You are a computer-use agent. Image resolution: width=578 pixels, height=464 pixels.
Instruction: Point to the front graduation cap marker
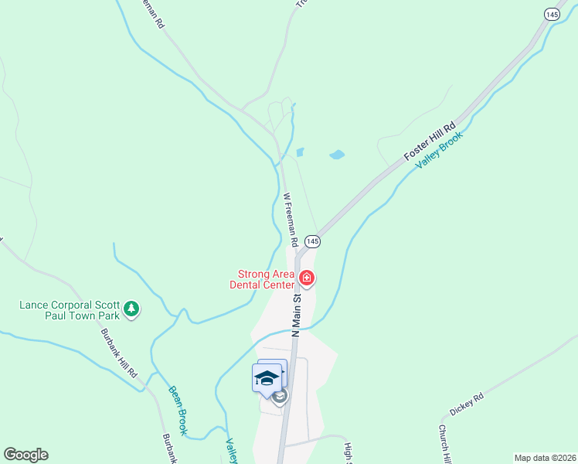pos(266,378)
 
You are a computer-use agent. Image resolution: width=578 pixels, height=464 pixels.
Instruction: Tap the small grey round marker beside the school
pos(280,397)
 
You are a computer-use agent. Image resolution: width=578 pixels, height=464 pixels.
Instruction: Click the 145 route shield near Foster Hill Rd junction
pos(311,241)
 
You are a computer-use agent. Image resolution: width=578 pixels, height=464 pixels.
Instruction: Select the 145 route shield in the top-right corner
pos(552,14)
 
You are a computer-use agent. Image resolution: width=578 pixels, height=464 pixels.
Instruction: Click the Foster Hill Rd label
pos(430,142)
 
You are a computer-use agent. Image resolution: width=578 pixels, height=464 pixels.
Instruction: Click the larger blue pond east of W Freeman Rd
pos(336,155)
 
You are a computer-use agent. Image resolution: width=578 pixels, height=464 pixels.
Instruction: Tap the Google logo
pos(25,455)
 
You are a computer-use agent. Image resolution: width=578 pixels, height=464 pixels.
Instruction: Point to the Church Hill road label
pos(446,444)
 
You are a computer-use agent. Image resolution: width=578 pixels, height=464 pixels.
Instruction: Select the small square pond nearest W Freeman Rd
pos(300,152)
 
